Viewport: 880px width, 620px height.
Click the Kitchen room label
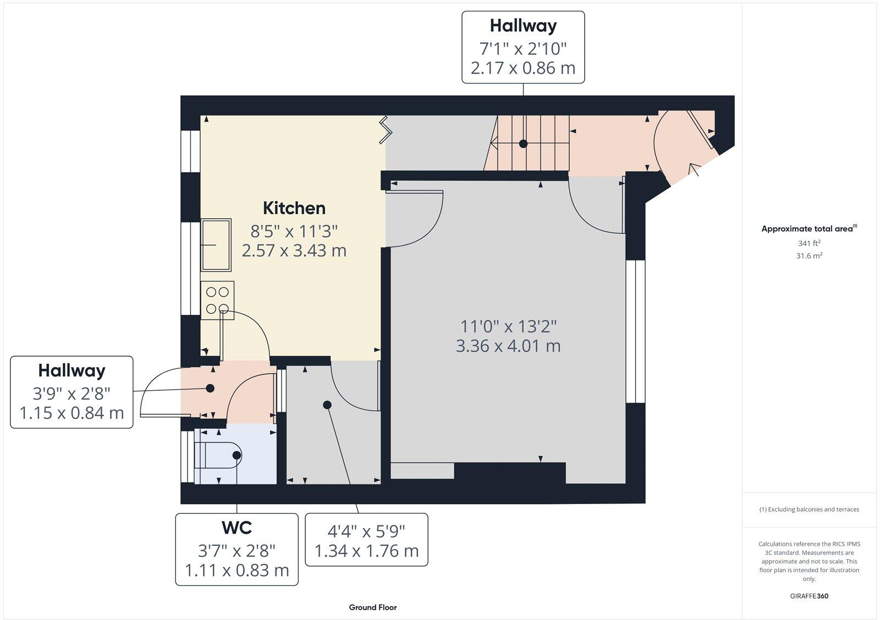click(294, 208)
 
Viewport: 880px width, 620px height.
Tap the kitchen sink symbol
click(216, 245)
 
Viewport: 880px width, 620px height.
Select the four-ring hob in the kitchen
click(217, 300)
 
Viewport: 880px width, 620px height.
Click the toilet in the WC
click(220, 455)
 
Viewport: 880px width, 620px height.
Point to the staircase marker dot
click(523, 143)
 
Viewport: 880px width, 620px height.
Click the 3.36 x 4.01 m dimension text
click(508, 346)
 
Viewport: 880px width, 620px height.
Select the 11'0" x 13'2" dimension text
click(508, 326)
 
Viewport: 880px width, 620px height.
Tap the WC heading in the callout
click(237, 528)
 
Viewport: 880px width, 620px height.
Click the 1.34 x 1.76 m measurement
click(366, 551)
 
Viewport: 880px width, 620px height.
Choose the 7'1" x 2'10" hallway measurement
click(523, 49)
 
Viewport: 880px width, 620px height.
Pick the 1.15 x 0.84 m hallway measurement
click(71, 412)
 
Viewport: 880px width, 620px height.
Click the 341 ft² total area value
click(809, 242)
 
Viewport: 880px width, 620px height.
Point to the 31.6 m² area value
click(809, 256)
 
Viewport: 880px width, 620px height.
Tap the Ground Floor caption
click(372, 607)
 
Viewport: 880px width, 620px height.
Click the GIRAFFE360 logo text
click(809, 596)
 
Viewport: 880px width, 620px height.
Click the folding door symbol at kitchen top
click(385, 130)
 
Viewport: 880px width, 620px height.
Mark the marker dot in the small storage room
click(327, 405)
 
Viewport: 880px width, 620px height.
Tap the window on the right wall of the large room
click(635, 331)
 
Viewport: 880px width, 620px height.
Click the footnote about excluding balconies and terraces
click(809, 510)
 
